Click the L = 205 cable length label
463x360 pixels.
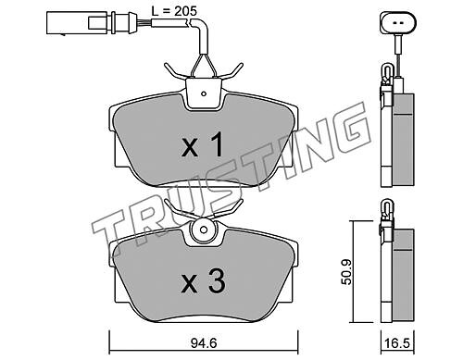[x=174, y=11]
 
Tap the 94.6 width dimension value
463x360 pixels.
[x=204, y=342]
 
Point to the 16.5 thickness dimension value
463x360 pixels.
[x=397, y=342]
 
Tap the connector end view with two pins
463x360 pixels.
[x=398, y=22]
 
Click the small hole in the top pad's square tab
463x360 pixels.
[x=204, y=93]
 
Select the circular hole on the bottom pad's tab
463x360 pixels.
[x=203, y=230]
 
